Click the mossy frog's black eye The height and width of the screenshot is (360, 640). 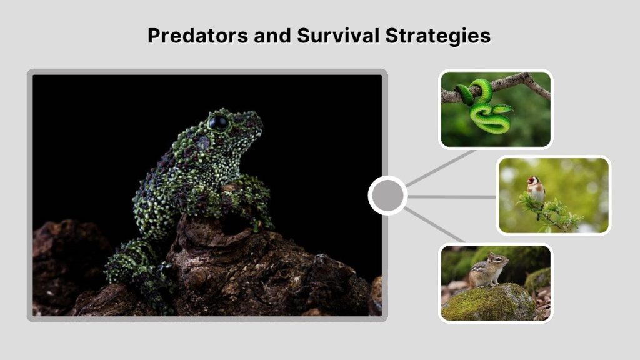coord(219,122)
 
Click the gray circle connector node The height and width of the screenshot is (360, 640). coord(387,196)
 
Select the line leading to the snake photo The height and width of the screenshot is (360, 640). coord(441,167)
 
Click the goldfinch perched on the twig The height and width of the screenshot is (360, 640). coord(536,191)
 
